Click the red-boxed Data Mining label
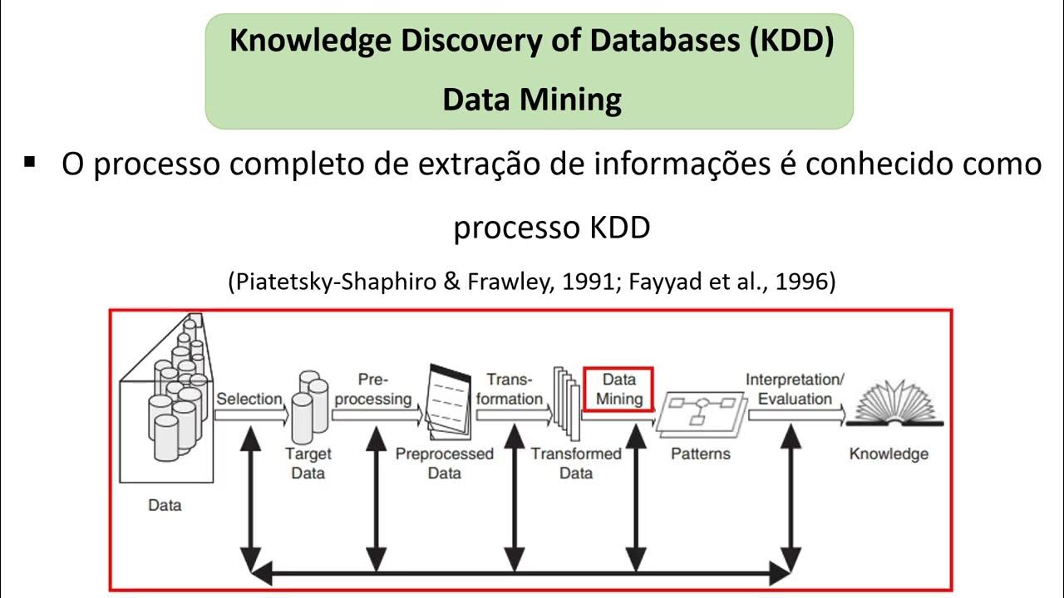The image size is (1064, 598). pos(618,390)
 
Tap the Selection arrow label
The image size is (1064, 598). pos(249,399)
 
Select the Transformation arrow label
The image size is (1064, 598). pos(509,390)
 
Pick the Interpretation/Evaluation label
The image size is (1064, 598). pos(795,390)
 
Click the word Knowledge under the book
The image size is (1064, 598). pos(889,454)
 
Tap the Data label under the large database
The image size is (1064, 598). pos(165,504)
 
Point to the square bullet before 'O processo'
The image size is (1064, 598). pos(31,162)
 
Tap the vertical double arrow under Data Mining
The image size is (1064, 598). pos(636,498)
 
